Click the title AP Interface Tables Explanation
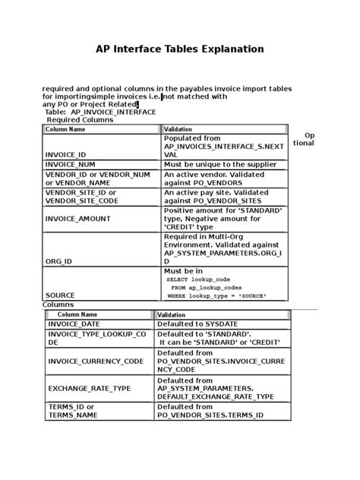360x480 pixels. coord(179,49)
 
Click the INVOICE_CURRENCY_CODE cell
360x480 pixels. coord(96,362)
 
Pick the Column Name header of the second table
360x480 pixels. coord(77,314)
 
